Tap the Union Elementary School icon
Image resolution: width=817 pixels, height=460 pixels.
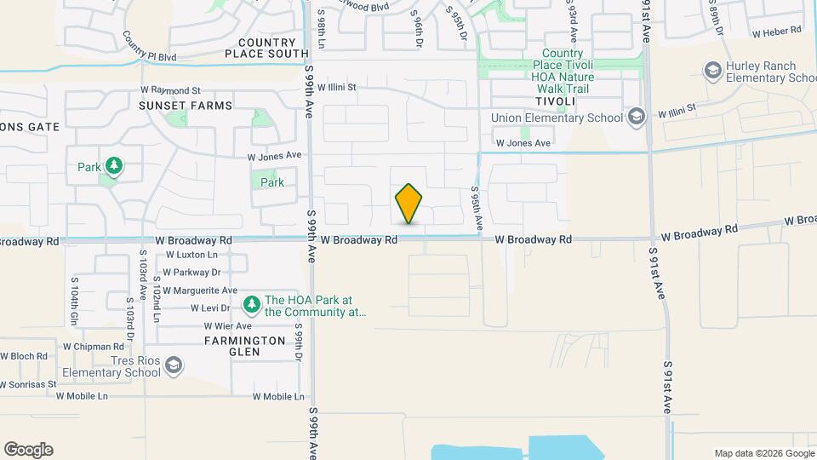[634, 117]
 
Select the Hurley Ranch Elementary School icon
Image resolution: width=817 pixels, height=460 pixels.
[713, 70]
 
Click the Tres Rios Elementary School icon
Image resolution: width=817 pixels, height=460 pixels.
[174, 365]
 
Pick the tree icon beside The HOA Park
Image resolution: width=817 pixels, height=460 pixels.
[251, 304]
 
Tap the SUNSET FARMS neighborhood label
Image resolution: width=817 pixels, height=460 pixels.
[186, 106]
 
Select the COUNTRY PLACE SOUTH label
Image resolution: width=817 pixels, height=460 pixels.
[266, 48]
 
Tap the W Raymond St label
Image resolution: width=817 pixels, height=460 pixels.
[170, 90]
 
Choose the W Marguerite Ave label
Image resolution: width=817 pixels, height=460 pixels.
[200, 290]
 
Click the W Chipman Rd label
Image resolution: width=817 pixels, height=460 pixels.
[94, 347]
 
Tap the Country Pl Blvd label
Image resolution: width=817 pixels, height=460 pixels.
[148, 49]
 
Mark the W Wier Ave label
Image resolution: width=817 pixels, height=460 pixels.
[227, 326]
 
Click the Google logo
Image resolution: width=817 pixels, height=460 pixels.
[28, 450]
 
